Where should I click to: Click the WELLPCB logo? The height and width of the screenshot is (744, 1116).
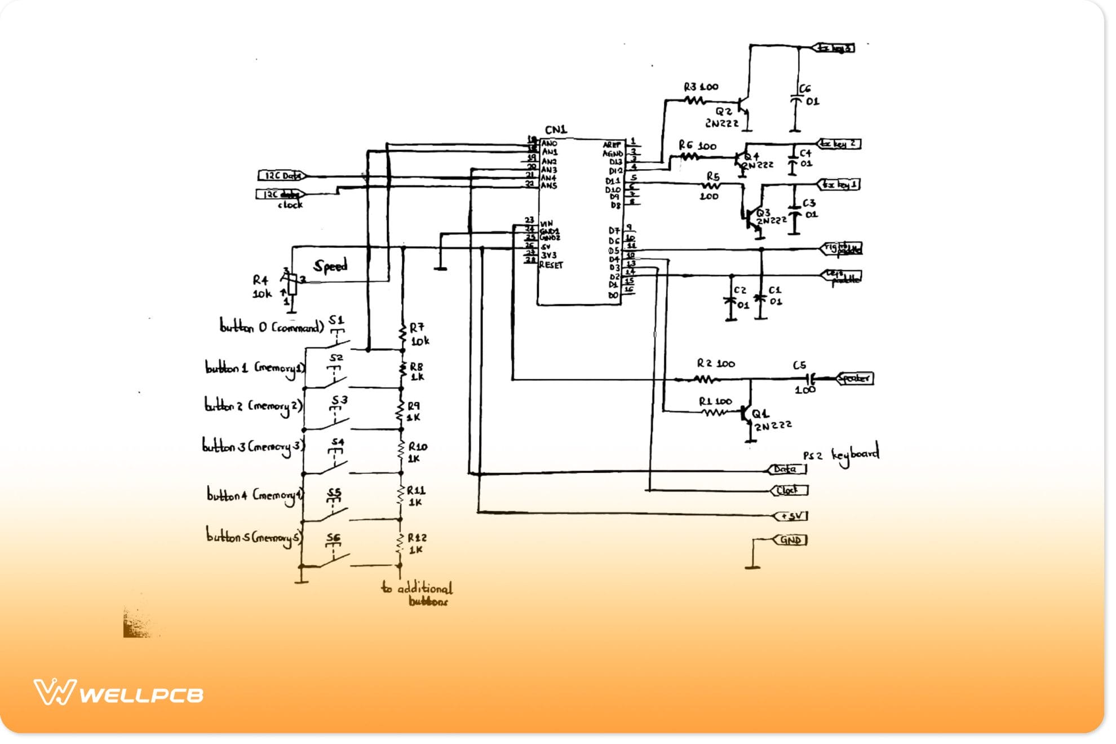[118, 693]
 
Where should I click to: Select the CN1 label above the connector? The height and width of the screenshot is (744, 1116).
[556, 130]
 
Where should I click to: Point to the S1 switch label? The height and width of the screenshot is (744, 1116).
[336, 320]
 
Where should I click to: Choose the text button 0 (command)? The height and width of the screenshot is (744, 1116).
[272, 327]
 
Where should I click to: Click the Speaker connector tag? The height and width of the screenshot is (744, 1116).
[854, 378]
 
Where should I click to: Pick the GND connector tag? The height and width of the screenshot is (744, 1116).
[790, 540]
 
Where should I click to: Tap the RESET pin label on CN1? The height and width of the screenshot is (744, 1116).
[551, 265]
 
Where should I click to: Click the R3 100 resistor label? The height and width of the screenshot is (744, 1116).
[701, 87]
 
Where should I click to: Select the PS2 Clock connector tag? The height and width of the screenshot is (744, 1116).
[789, 490]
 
